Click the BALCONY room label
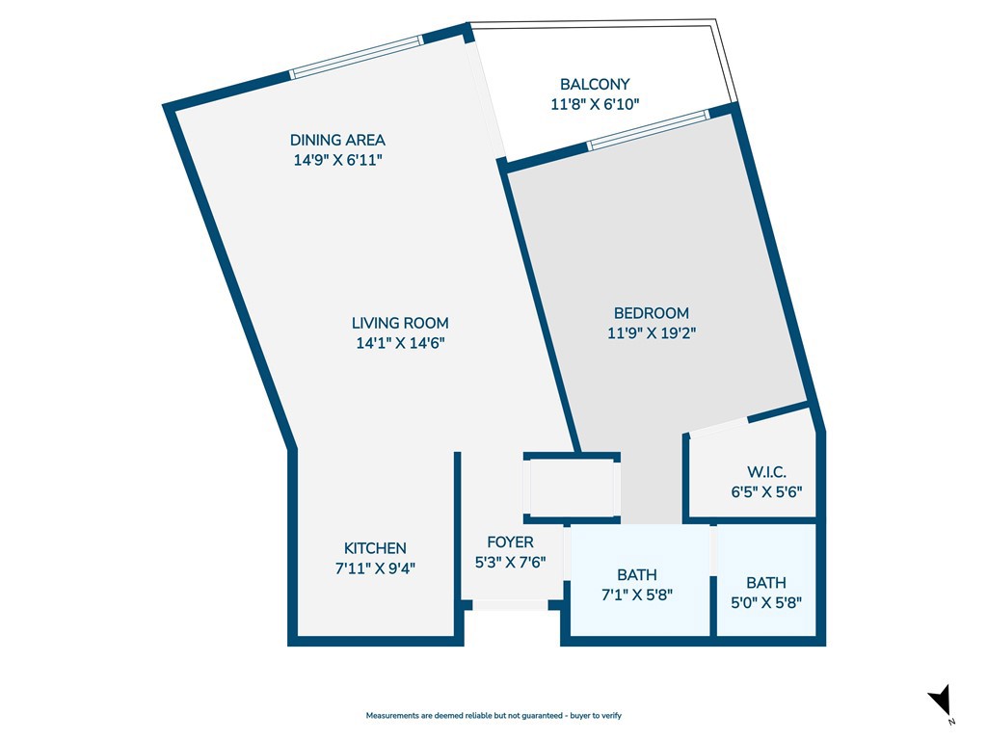[595, 85]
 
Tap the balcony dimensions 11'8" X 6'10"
[595, 104]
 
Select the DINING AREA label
[337, 141]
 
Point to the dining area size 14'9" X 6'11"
[337, 161]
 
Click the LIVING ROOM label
[400, 324]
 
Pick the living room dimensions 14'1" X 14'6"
[400, 343]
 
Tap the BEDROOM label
[652, 313]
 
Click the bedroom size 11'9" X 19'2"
[652, 333]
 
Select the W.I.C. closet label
[766, 472]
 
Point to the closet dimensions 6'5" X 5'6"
[766, 491]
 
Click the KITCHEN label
[375, 548]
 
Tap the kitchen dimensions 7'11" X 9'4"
[375, 568]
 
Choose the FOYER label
[510, 542]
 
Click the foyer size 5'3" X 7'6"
[510, 563]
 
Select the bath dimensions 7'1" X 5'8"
[636, 595]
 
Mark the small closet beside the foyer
[573, 489]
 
